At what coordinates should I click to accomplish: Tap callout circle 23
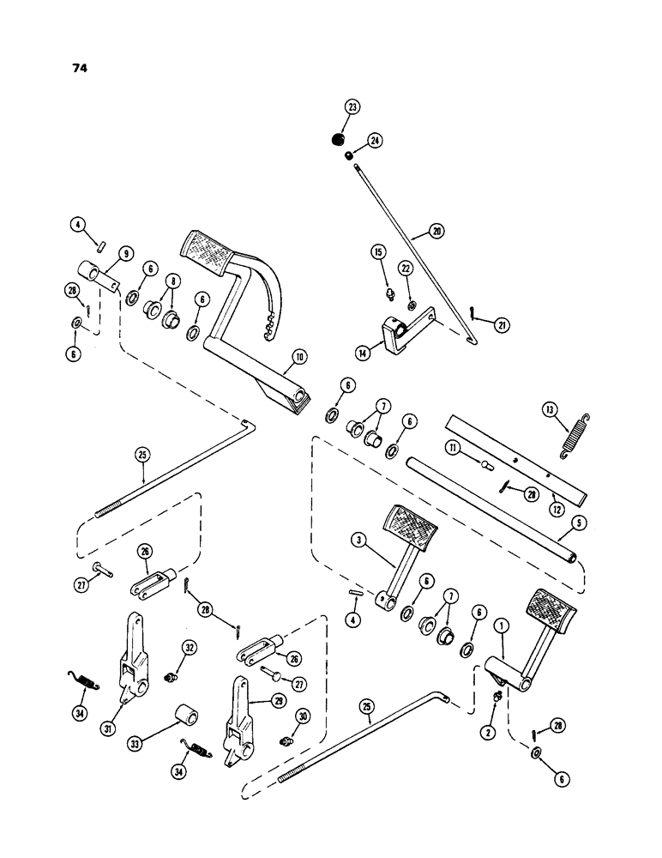(x=352, y=107)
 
